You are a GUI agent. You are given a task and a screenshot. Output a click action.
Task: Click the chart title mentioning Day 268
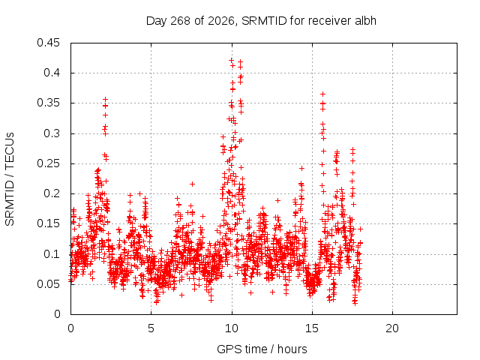(261, 21)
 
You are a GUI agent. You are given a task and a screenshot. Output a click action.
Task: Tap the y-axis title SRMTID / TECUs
(10, 179)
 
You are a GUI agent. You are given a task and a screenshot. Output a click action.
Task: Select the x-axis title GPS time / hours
(262, 349)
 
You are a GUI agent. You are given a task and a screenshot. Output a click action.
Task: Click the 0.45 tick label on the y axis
(48, 43)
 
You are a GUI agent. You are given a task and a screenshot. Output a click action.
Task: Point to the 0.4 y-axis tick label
(52, 73)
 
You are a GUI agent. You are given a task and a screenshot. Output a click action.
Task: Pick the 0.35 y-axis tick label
(48, 103)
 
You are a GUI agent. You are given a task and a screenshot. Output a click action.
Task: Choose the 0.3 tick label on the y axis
(52, 133)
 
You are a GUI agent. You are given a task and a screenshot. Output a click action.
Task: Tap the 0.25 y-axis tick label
(48, 163)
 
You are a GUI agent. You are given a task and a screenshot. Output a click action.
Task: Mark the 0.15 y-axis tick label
(48, 223)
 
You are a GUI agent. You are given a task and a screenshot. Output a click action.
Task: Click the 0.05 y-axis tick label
(48, 284)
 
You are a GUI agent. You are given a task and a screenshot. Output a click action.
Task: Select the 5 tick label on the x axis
(151, 328)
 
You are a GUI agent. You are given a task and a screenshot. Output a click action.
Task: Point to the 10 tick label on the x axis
(232, 328)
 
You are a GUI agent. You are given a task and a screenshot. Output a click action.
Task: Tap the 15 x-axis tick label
(312, 328)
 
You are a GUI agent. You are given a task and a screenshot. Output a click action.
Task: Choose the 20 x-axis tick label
(392, 328)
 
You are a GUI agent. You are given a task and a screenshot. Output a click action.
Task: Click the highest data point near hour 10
(232, 60)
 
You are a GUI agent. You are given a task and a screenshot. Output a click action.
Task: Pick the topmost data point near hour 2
(106, 100)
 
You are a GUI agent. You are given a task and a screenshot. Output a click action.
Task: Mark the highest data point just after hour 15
(322, 94)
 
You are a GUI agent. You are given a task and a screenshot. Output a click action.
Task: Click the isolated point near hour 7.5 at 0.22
(192, 184)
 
